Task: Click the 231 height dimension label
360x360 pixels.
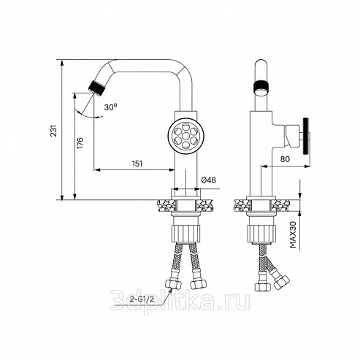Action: [x=54, y=131]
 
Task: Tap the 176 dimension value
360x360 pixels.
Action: [x=80, y=143]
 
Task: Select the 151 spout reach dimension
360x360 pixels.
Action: [x=137, y=164]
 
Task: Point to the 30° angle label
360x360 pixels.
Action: [x=110, y=107]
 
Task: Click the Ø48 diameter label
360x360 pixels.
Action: [x=209, y=180]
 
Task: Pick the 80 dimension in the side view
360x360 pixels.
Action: [x=285, y=159]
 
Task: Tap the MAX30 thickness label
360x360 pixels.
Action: [x=293, y=234]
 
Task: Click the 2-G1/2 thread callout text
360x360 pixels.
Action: [x=142, y=299]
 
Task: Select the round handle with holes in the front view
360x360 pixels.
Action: [x=186, y=136]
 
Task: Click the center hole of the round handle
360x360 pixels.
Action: [x=186, y=136]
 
